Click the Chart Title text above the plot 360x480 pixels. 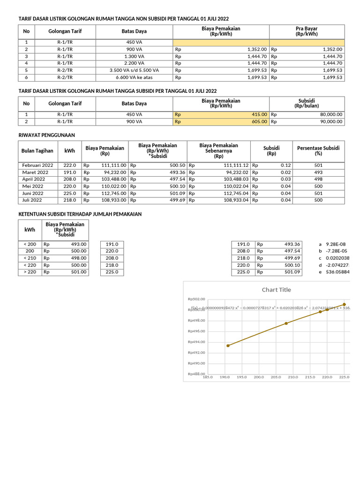click(x=276, y=290)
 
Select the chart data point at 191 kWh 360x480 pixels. click(x=228, y=345)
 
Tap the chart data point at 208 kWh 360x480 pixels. click(x=286, y=323)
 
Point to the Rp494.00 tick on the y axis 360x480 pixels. click(x=196, y=342)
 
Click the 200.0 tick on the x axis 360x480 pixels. click(x=259, y=377)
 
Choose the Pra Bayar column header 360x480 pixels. click(x=307, y=31)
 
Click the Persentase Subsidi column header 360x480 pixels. click(x=318, y=150)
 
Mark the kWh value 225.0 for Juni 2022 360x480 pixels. click(x=70, y=193)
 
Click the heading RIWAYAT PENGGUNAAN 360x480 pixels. click(x=46, y=135)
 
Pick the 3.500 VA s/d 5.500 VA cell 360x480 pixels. click(x=134, y=70)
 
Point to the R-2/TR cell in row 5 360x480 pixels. click(x=64, y=70)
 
